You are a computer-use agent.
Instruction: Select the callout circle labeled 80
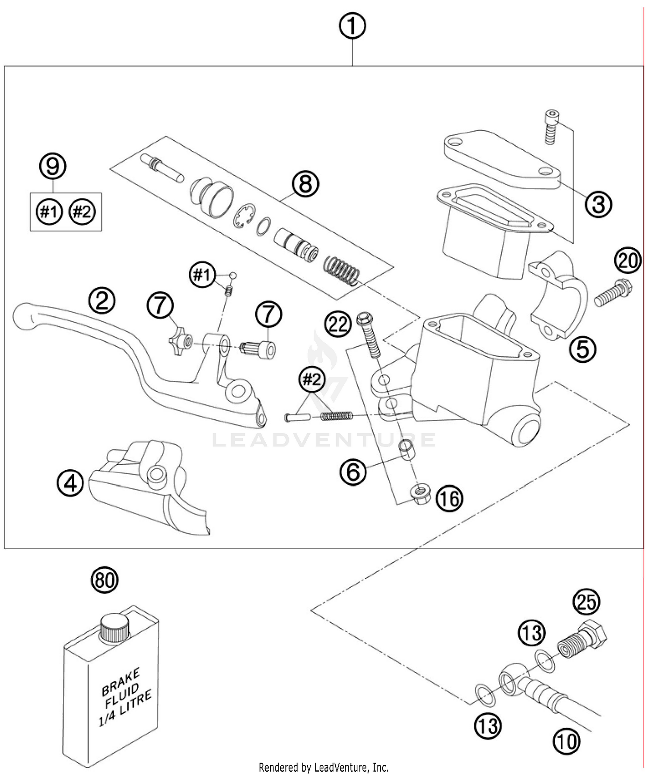point(105,580)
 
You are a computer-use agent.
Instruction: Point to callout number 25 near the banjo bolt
point(587,602)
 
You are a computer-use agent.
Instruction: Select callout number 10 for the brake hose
point(566,741)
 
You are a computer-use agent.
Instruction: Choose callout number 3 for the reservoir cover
point(598,204)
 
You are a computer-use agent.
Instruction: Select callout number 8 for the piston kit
point(305,184)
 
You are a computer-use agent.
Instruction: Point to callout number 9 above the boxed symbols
point(53,167)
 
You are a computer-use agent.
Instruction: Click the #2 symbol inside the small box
point(82,212)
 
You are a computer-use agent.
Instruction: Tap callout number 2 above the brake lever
point(102,301)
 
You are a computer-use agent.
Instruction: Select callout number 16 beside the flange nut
point(449,499)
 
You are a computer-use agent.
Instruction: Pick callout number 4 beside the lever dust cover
point(70,483)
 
